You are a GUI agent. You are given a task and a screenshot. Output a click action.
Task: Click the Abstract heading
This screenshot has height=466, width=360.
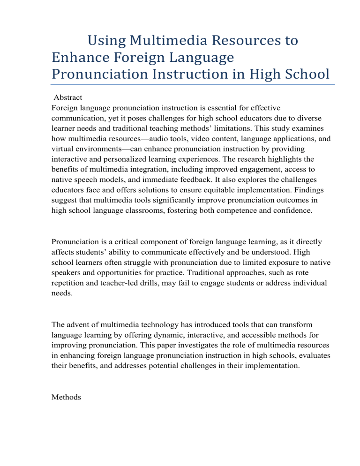coord(68,98)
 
